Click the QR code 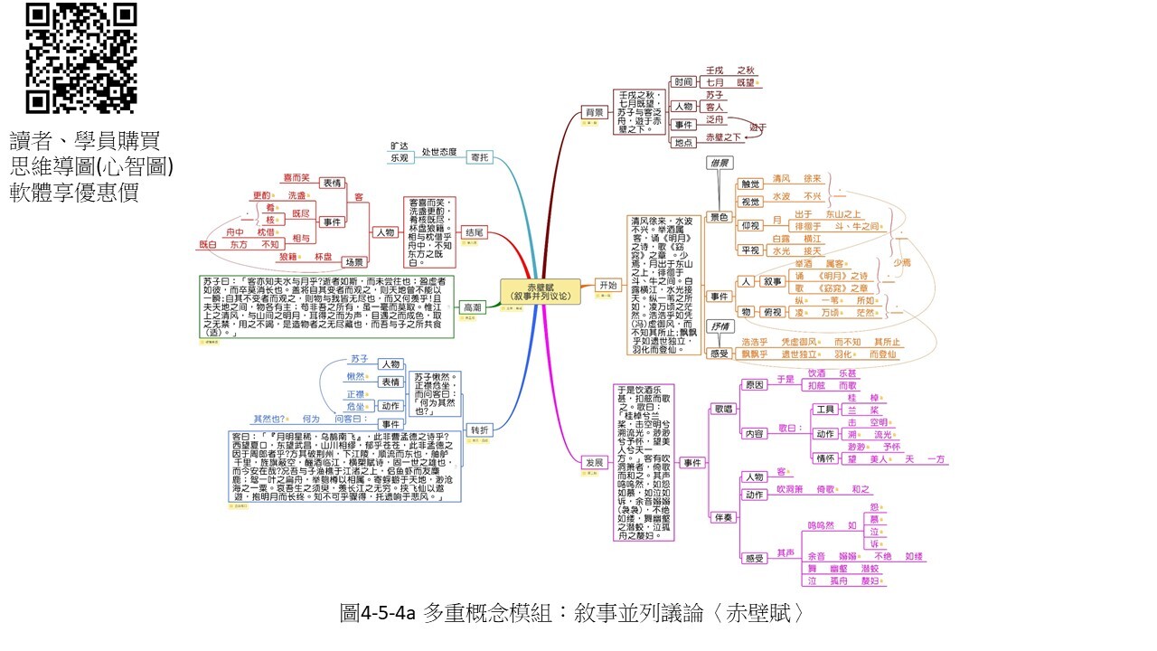pyautogui.click(x=81, y=59)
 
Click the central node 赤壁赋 pyautogui.click(x=540, y=290)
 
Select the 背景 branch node pyautogui.click(x=594, y=112)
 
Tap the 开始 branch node pyautogui.click(x=607, y=285)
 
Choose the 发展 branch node pyautogui.click(x=594, y=462)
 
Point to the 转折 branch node pyautogui.click(x=478, y=429)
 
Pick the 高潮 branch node pyautogui.click(x=473, y=307)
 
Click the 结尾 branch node pyautogui.click(x=475, y=232)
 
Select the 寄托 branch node pyautogui.click(x=480, y=157)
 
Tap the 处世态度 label pyautogui.click(x=439, y=152)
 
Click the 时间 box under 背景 pyautogui.click(x=684, y=82)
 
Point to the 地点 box pyautogui.click(x=684, y=142)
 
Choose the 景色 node pyautogui.click(x=719, y=217)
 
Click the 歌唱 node pyautogui.click(x=723, y=410)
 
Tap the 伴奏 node pyautogui.click(x=723, y=518)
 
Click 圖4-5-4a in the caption pyautogui.click(x=378, y=613)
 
